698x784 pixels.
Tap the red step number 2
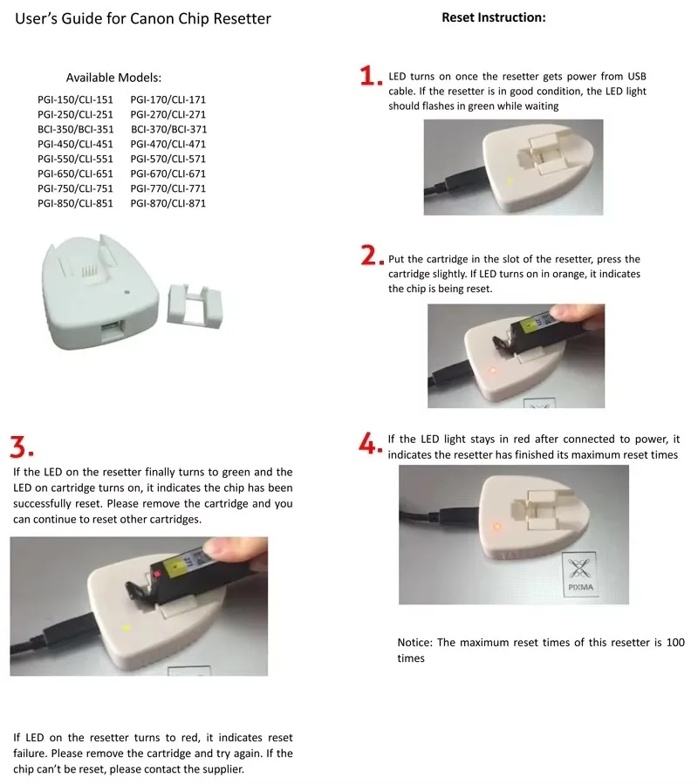point(370,256)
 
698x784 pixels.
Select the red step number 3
point(21,447)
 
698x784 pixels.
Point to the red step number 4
point(370,443)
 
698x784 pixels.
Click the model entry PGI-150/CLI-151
point(75,100)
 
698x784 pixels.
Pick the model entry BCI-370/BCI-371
point(168,129)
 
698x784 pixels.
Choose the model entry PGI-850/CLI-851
point(75,203)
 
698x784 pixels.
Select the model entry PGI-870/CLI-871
point(168,203)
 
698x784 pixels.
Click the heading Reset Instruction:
point(493,17)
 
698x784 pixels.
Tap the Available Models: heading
point(113,78)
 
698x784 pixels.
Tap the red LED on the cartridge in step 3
point(157,574)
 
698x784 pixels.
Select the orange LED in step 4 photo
point(496,526)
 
